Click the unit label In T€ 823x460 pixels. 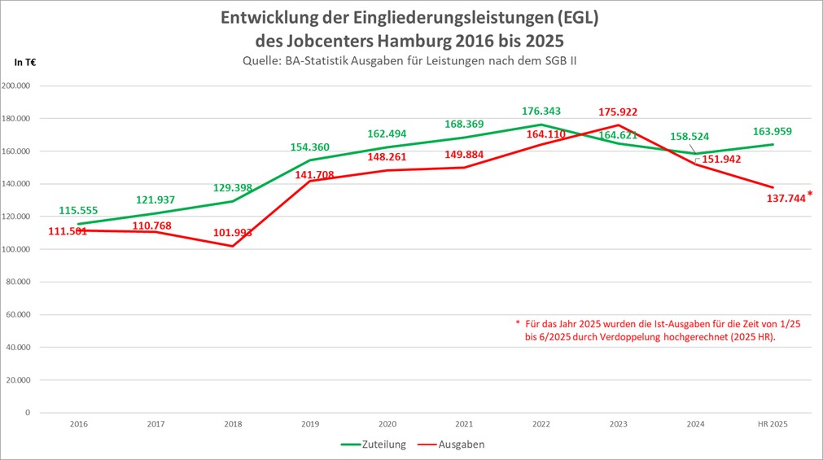point(25,62)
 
